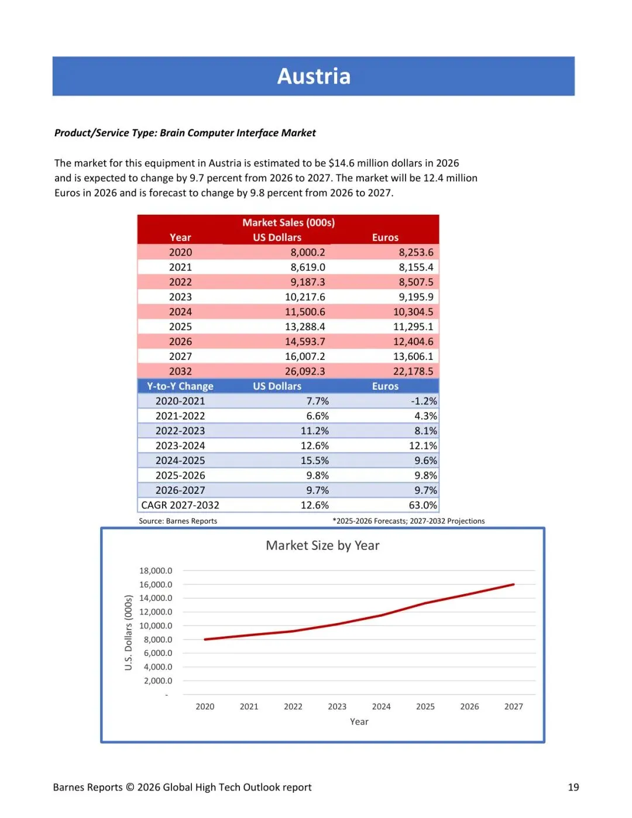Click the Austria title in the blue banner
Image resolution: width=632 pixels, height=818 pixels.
(314, 76)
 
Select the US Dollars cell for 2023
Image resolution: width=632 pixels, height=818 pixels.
(305, 297)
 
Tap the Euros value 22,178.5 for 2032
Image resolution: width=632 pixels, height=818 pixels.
(413, 371)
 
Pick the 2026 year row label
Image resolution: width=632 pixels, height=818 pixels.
(180, 341)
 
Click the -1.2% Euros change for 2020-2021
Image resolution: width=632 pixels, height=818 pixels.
(424, 401)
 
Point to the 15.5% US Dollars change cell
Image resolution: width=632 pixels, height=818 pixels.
(315, 460)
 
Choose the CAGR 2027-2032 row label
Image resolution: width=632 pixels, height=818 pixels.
(180, 505)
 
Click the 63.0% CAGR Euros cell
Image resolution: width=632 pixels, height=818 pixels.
(423, 505)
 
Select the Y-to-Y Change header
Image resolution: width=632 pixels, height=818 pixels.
(180, 386)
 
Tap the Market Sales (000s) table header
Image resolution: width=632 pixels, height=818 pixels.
(288, 222)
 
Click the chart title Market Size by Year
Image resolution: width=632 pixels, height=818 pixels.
(322, 545)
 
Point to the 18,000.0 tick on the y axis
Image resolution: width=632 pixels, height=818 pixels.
(156, 570)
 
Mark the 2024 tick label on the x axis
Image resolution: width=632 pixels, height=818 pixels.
(381, 706)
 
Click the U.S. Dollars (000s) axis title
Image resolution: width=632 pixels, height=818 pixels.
(129, 633)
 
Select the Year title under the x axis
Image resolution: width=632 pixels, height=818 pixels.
(359, 721)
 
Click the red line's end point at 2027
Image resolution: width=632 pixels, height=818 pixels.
(513, 584)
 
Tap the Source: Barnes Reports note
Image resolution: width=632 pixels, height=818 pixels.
(178, 521)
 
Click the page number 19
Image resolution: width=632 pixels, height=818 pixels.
(573, 787)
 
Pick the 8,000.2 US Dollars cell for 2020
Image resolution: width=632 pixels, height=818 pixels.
(308, 252)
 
